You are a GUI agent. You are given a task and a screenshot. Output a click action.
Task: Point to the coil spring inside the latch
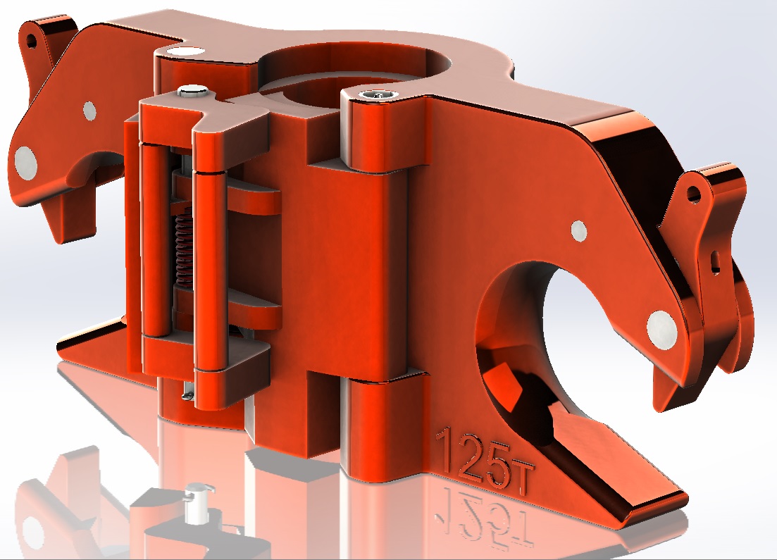tap(183, 248)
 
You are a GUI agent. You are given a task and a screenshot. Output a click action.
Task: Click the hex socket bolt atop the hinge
tap(377, 95)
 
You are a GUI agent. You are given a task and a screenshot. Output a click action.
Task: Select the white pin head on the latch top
tap(192, 91)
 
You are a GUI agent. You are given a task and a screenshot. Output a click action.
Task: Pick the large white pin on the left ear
tap(25, 162)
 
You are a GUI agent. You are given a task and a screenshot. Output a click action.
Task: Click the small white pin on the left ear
tap(89, 111)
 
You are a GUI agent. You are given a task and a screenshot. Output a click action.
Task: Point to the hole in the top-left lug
tap(32, 41)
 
